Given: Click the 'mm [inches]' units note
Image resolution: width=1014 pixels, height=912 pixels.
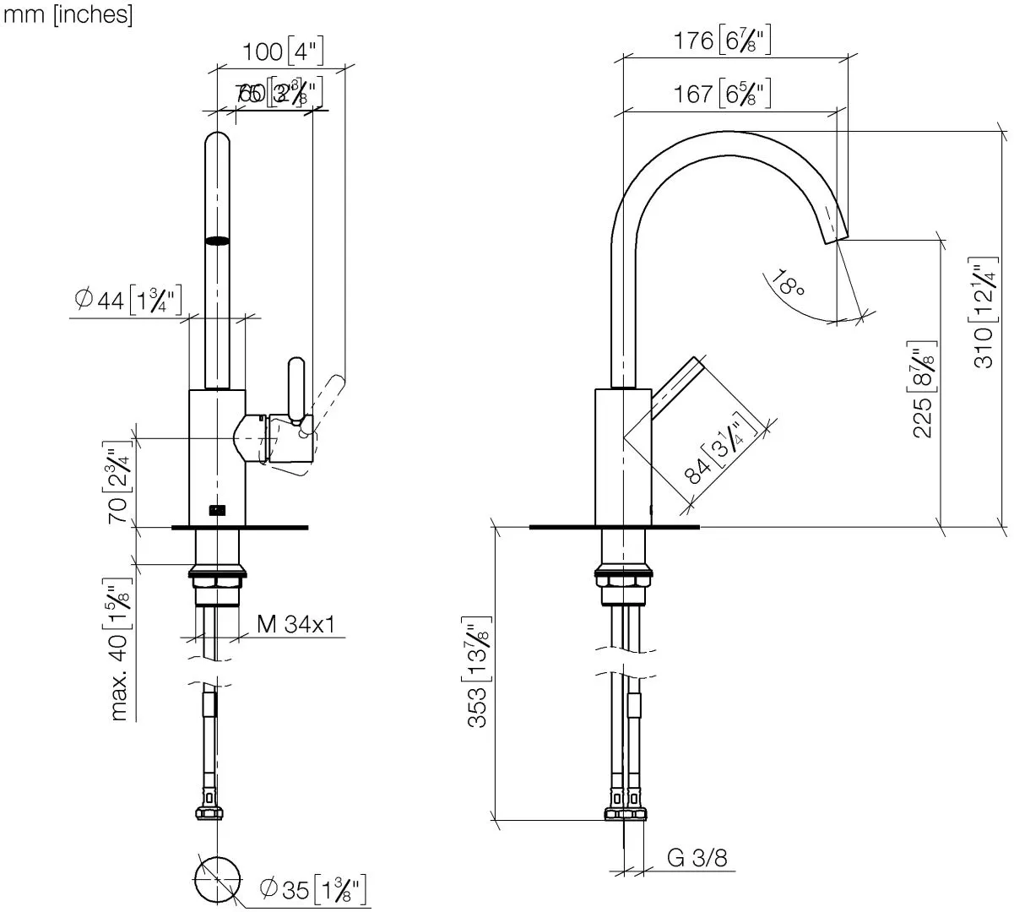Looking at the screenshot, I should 68,16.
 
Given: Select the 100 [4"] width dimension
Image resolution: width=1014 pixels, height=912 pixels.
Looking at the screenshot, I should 284,52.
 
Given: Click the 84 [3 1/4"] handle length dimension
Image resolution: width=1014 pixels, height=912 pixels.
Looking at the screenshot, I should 716,451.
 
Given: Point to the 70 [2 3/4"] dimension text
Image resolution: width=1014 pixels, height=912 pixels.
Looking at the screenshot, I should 118,482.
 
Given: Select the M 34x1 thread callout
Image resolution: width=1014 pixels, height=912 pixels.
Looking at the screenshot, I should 296,625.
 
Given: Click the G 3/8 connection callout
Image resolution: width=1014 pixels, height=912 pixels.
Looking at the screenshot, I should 697,858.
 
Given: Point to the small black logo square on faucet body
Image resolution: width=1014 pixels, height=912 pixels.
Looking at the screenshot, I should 217,509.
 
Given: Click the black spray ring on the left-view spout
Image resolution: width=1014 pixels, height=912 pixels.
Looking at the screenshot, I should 217,241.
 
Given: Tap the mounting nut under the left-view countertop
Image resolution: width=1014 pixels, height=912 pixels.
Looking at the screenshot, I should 218,581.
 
